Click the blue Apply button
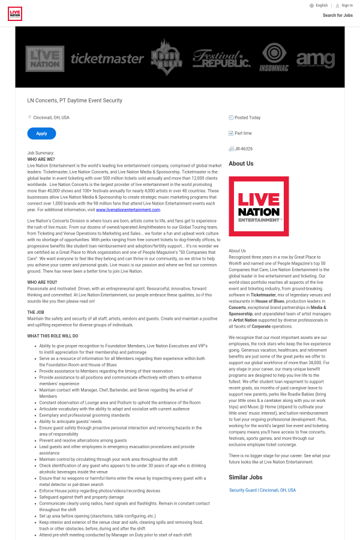[41, 134]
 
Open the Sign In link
[347, 5]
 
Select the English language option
[322, 5]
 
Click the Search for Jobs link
[338, 15]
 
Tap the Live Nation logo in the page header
[15, 13]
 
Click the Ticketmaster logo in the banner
[107, 58]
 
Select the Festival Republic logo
[221, 58]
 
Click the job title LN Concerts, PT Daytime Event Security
[74, 101]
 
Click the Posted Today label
[247, 118]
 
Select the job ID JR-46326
[244, 149]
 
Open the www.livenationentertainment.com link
[128, 210]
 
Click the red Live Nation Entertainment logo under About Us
[259, 206]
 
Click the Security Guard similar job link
[262, 490]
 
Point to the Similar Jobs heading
[245, 477]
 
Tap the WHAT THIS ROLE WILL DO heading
[52, 336]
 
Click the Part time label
[243, 133]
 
